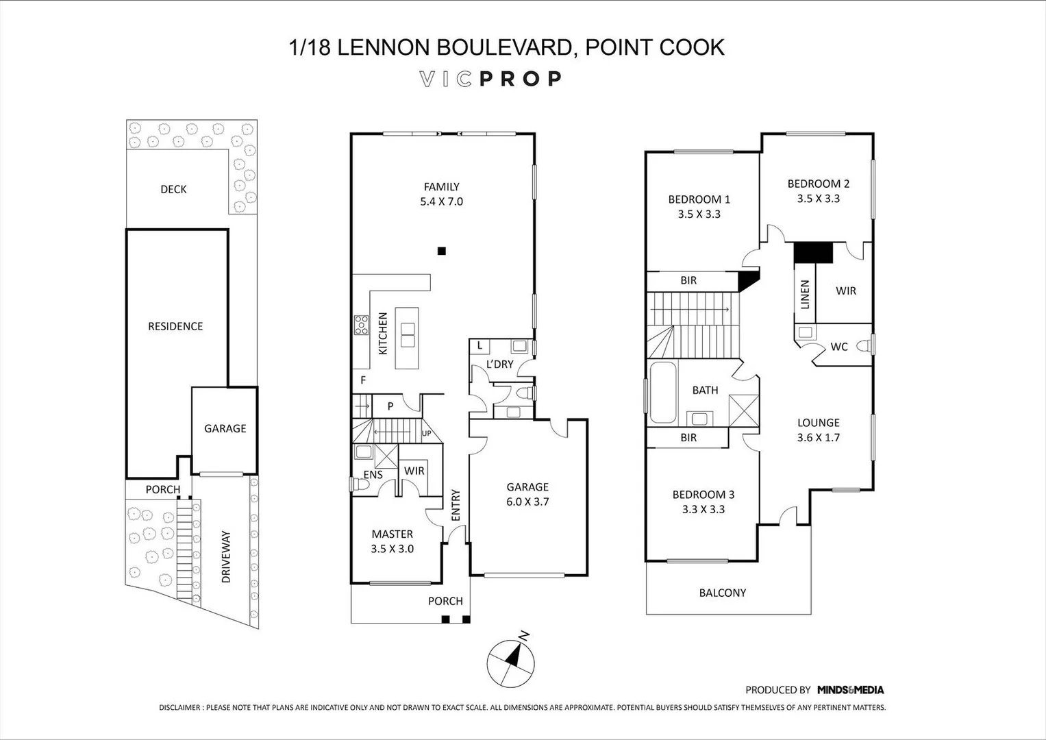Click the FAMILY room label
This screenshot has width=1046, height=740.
coord(441,187)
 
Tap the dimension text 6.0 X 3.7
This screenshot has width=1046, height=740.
coord(527,502)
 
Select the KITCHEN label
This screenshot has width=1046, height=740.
coord(383,334)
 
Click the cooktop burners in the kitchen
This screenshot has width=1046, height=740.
coord(361,325)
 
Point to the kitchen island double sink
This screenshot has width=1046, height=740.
coord(407,334)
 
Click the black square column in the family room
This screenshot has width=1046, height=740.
coord(442,251)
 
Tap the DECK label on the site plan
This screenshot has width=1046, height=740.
coord(173,189)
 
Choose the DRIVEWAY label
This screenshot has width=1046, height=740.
coord(226,556)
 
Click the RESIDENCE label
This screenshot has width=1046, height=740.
coord(175,326)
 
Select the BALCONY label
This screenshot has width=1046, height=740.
coord(723,593)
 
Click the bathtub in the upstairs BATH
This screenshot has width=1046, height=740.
coord(663,393)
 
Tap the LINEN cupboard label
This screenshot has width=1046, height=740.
coord(805,295)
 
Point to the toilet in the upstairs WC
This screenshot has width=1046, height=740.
coord(865,345)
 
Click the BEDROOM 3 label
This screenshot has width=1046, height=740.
coord(703,494)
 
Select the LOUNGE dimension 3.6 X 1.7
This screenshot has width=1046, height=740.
coord(818,438)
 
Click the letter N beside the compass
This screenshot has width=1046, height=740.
coord(525,636)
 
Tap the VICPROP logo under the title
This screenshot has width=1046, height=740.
coord(490,79)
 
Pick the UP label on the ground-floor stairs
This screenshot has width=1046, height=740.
coord(426,433)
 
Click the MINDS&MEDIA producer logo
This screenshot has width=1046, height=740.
coord(850,689)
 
